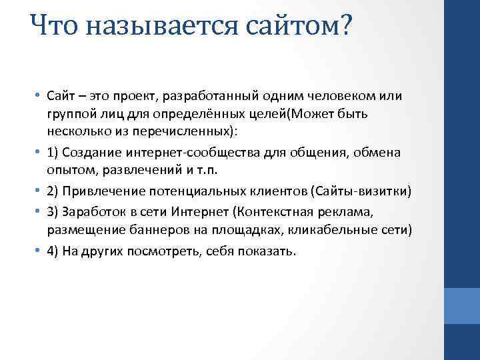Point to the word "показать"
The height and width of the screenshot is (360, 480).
point(271,253)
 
